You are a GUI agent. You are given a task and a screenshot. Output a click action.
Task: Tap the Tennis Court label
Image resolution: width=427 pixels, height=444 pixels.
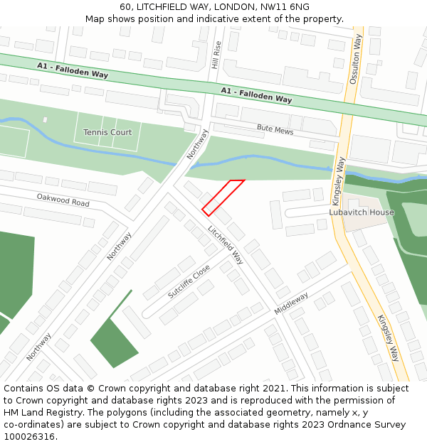tap(107, 132)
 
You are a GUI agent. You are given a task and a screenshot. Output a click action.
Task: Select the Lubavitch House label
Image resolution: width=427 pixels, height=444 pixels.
tap(361, 212)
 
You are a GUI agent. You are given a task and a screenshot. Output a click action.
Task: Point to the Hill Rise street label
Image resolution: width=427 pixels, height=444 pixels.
tap(217, 55)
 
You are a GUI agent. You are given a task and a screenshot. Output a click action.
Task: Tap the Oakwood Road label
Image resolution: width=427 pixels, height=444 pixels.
tap(63, 200)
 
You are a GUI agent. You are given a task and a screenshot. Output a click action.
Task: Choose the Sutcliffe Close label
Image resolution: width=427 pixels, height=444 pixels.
tap(189, 282)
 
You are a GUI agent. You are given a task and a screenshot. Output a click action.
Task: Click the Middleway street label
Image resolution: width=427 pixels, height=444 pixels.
tap(291, 303)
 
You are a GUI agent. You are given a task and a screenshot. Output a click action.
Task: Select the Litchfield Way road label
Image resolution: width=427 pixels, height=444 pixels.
tap(226, 245)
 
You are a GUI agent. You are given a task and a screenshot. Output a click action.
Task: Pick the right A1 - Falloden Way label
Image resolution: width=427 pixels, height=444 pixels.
tap(256, 95)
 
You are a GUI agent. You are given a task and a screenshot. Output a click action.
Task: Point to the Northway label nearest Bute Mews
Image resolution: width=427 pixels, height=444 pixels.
tap(198, 144)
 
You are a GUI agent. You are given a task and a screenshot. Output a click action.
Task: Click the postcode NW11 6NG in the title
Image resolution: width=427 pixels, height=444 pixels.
tap(285, 6)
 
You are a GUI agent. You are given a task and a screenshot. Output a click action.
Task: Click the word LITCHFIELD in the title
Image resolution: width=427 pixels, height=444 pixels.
tap(164, 6)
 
